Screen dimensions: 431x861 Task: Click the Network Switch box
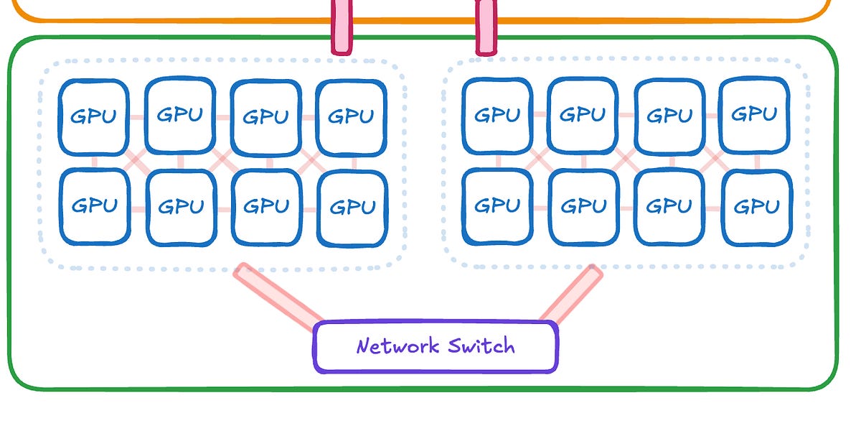tap(435, 347)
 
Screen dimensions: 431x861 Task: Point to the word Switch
tap(481, 346)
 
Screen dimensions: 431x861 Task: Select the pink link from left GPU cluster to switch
tap(280, 295)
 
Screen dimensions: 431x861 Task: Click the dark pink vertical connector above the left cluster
tap(342, 27)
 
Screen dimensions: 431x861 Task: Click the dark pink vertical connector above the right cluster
tap(486, 27)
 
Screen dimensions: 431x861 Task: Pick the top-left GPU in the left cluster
tap(94, 117)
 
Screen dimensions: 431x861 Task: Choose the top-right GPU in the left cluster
tap(352, 117)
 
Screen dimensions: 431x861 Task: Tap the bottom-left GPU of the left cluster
tap(94, 206)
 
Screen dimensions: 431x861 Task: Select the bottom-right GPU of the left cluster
tap(352, 208)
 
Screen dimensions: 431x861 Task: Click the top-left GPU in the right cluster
tap(497, 116)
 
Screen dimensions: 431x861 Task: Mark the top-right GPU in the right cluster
tap(754, 115)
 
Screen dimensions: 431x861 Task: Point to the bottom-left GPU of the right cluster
tap(497, 206)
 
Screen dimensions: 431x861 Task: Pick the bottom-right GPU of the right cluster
tap(756, 208)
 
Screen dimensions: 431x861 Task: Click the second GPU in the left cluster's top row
tap(180, 115)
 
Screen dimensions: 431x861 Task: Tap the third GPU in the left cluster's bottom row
tap(266, 207)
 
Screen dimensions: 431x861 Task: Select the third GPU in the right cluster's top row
tap(669, 116)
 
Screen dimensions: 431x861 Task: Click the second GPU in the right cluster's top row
tap(582, 115)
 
